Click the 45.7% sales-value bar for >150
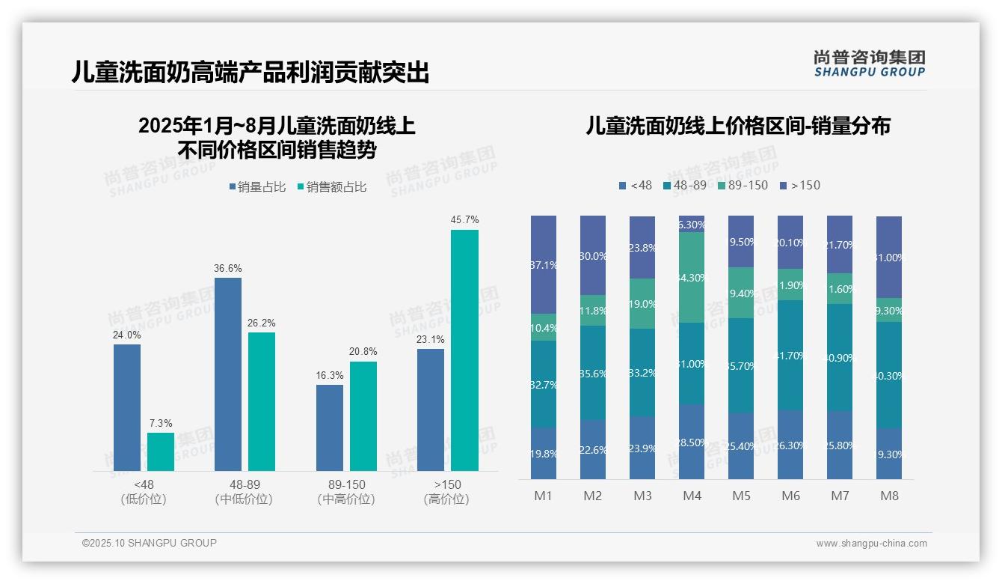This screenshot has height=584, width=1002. coord(464,350)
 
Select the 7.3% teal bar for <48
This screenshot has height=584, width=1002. coord(161,451)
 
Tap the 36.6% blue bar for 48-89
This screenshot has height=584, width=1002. coord(228,374)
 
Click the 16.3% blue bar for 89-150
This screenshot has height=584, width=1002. coord(330,428)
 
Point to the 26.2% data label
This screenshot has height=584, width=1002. coord(262,323)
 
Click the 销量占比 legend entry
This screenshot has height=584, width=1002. coord(257,187)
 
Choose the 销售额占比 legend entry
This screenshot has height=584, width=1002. coord(331,187)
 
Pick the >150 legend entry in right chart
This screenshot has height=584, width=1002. coord(799,185)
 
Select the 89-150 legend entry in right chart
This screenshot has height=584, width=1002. coord(743,185)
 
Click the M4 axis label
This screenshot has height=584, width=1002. coord(692,496)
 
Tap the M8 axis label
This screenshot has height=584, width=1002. coord(889,496)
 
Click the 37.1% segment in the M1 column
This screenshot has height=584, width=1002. coord(544,264)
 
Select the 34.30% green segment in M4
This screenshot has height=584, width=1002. coord(692,277)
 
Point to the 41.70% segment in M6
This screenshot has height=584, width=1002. coord(790,355)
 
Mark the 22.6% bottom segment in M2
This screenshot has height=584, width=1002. coord(593,449)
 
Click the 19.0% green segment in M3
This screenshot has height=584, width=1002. coord(642,303)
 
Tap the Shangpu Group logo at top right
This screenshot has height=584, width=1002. coord(869,63)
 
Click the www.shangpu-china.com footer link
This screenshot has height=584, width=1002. coord(871,544)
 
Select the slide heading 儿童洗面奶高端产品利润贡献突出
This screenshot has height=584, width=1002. coord(250,72)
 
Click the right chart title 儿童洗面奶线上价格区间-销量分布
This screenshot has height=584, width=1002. coord(738,126)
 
